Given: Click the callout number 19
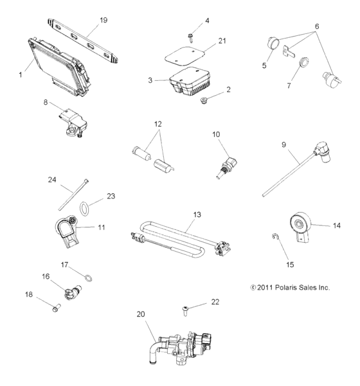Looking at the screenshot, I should pos(103,20).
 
